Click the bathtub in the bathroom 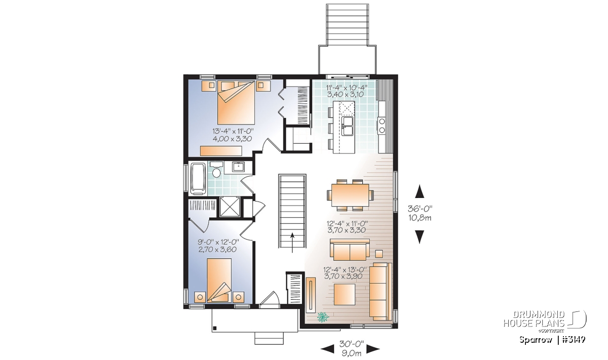point(199,178)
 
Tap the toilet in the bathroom point(217,170)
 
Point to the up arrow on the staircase point(292,243)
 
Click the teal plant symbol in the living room point(323,317)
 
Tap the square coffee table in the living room point(345,294)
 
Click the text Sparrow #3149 point(552,340)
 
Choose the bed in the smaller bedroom point(219,280)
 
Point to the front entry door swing point(269,300)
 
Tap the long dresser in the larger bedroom point(221,151)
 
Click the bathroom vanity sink point(238,167)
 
